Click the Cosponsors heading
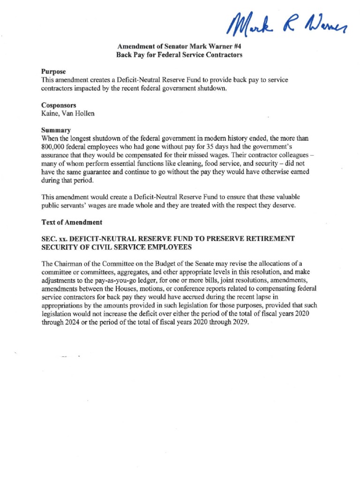[x=59, y=105]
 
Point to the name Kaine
[x=50, y=113]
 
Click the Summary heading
[x=56, y=130]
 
